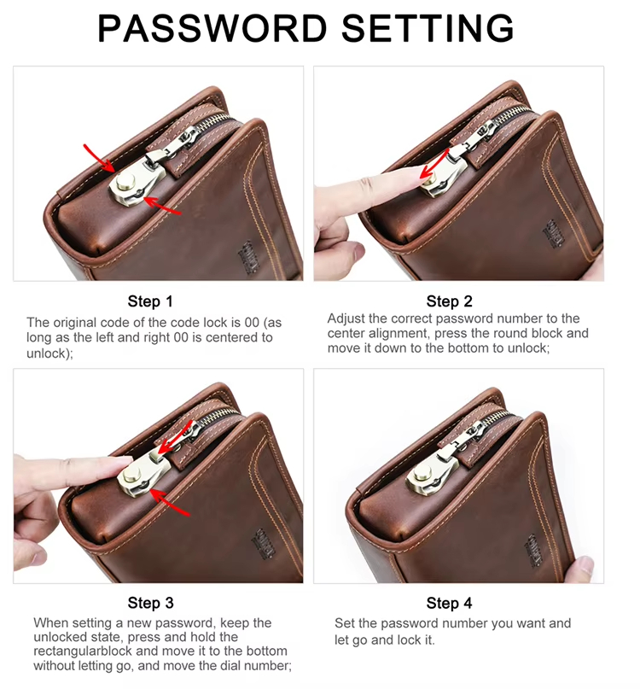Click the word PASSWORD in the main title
click(x=212, y=28)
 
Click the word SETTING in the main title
click(x=428, y=28)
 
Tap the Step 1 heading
click(x=150, y=301)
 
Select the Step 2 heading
click(x=449, y=301)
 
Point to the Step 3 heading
click(x=150, y=603)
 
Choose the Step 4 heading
click(x=449, y=603)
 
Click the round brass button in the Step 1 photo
click(x=126, y=182)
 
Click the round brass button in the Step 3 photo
click(x=131, y=475)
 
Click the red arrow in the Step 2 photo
click(x=434, y=163)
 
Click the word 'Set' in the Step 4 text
click(x=345, y=623)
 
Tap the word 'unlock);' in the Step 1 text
click(x=49, y=353)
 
